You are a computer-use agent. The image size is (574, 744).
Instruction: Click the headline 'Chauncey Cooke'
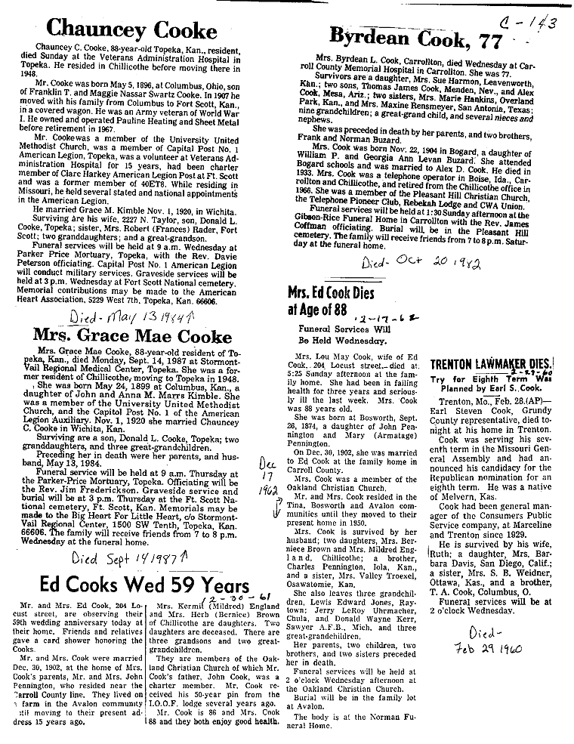(x=131, y=29)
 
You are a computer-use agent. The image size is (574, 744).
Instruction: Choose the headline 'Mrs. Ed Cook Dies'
(x=335, y=292)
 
